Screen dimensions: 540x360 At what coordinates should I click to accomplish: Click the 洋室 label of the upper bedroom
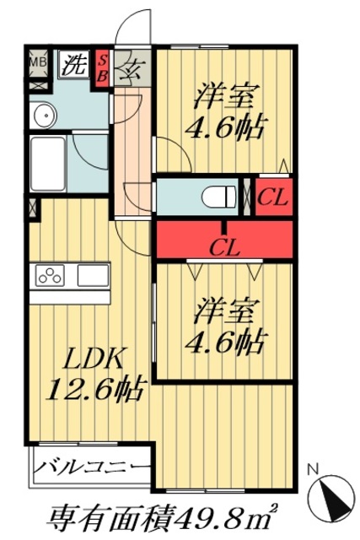pyautogui.click(x=225, y=96)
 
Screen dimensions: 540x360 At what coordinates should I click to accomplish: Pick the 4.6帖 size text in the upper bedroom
pyautogui.click(x=225, y=127)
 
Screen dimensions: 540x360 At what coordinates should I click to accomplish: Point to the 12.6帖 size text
pyautogui.click(x=94, y=390)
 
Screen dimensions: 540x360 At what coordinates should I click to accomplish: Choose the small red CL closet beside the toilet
pyautogui.click(x=273, y=199)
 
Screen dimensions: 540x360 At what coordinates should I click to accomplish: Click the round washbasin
pyautogui.click(x=42, y=116)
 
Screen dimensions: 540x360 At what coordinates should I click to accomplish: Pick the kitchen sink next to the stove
pyautogui.click(x=93, y=275)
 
